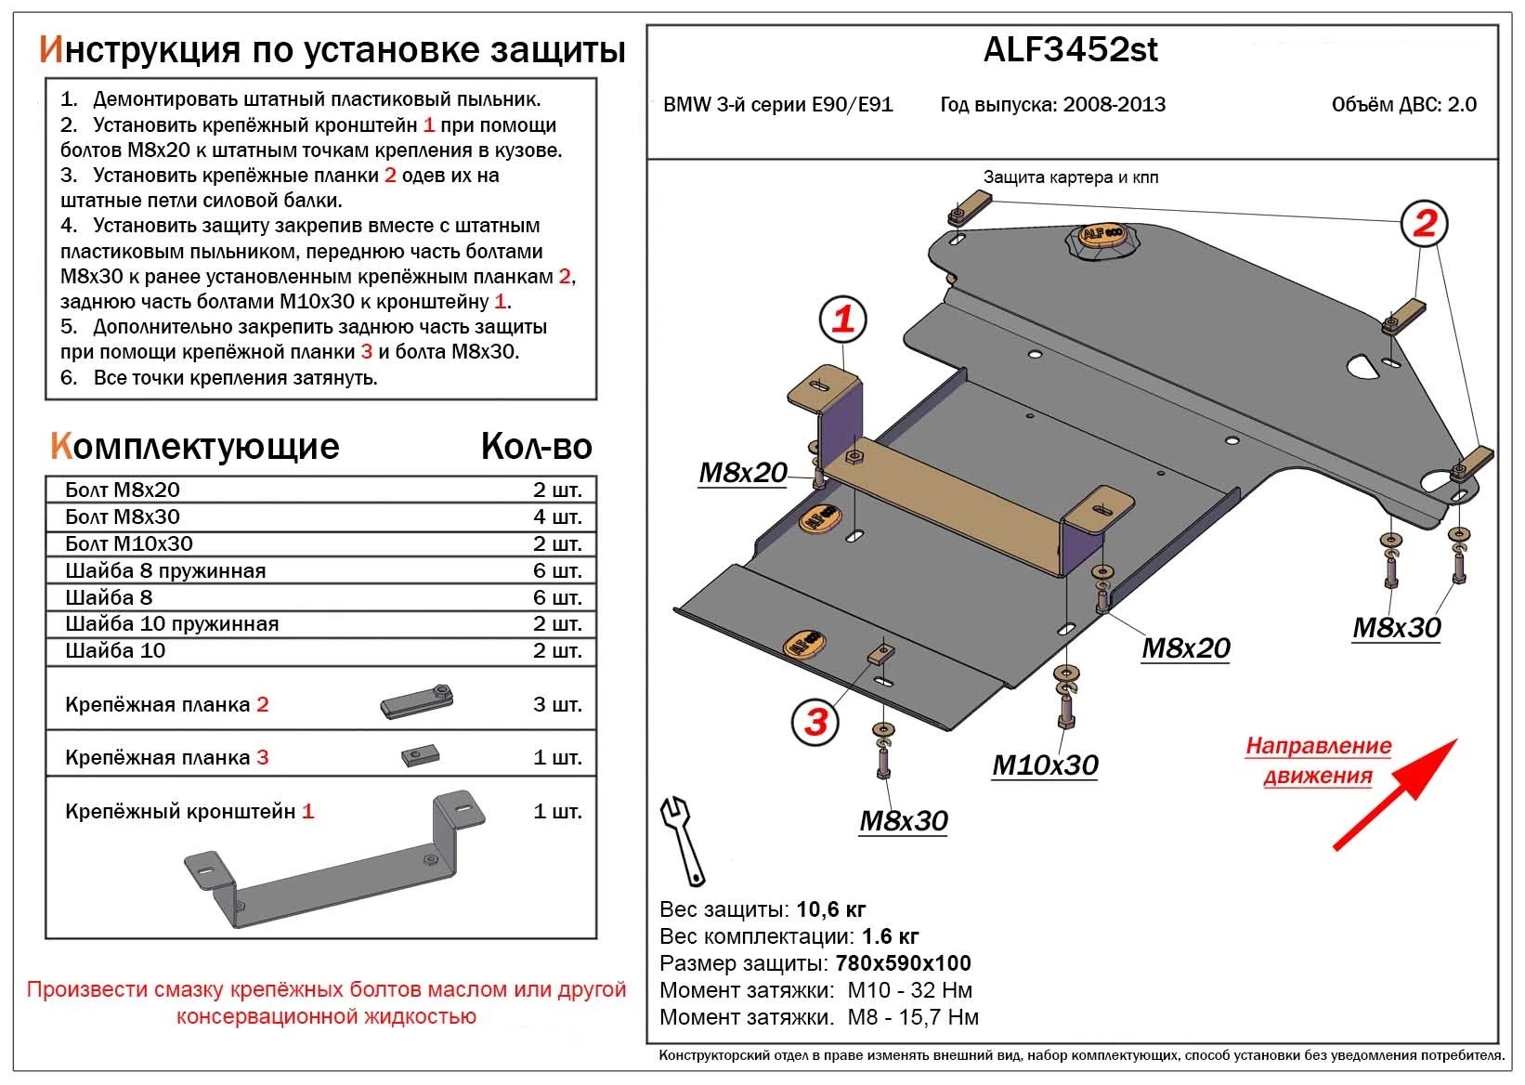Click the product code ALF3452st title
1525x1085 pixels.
click(x=1070, y=50)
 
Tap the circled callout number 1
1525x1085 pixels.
click(x=842, y=320)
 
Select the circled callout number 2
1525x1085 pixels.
click(x=1425, y=223)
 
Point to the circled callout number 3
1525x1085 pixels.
click(x=815, y=722)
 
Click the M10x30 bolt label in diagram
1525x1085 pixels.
click(x=1045, y=765)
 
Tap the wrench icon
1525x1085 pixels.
click(x=683, y=837)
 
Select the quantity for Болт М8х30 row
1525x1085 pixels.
click(x=557, y=516)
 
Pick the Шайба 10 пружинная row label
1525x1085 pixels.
click(x=172, y=624)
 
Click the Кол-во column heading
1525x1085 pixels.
click(x=536, y=447)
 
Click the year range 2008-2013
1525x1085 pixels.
click(x=1114, y=105)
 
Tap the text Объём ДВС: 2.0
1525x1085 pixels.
click(x=1403, y=105)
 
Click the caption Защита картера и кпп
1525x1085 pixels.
click(x=1070, y=177)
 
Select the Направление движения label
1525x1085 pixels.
click(x=1318, y=761)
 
